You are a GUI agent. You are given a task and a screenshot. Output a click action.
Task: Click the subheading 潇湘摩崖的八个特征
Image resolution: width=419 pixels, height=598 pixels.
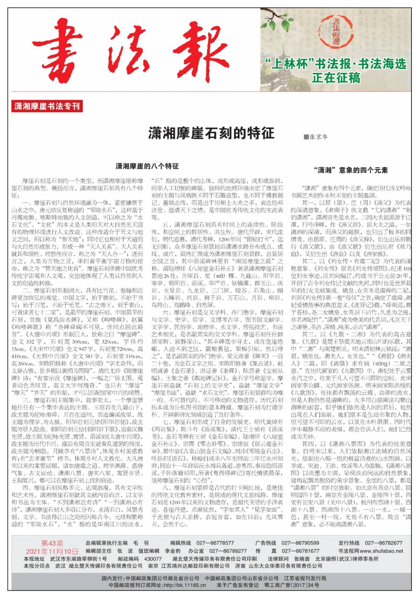pos(147,166)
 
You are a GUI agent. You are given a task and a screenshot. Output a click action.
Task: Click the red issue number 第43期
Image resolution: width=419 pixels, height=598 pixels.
pos(52,543)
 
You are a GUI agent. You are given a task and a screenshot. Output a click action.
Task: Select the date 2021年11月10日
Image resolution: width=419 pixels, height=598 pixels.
pos(52,551)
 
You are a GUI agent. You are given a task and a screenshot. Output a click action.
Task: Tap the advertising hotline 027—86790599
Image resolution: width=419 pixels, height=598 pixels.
pos(301,543)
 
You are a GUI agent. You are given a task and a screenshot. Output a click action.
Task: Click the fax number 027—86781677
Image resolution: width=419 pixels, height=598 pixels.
pos(301,551)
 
